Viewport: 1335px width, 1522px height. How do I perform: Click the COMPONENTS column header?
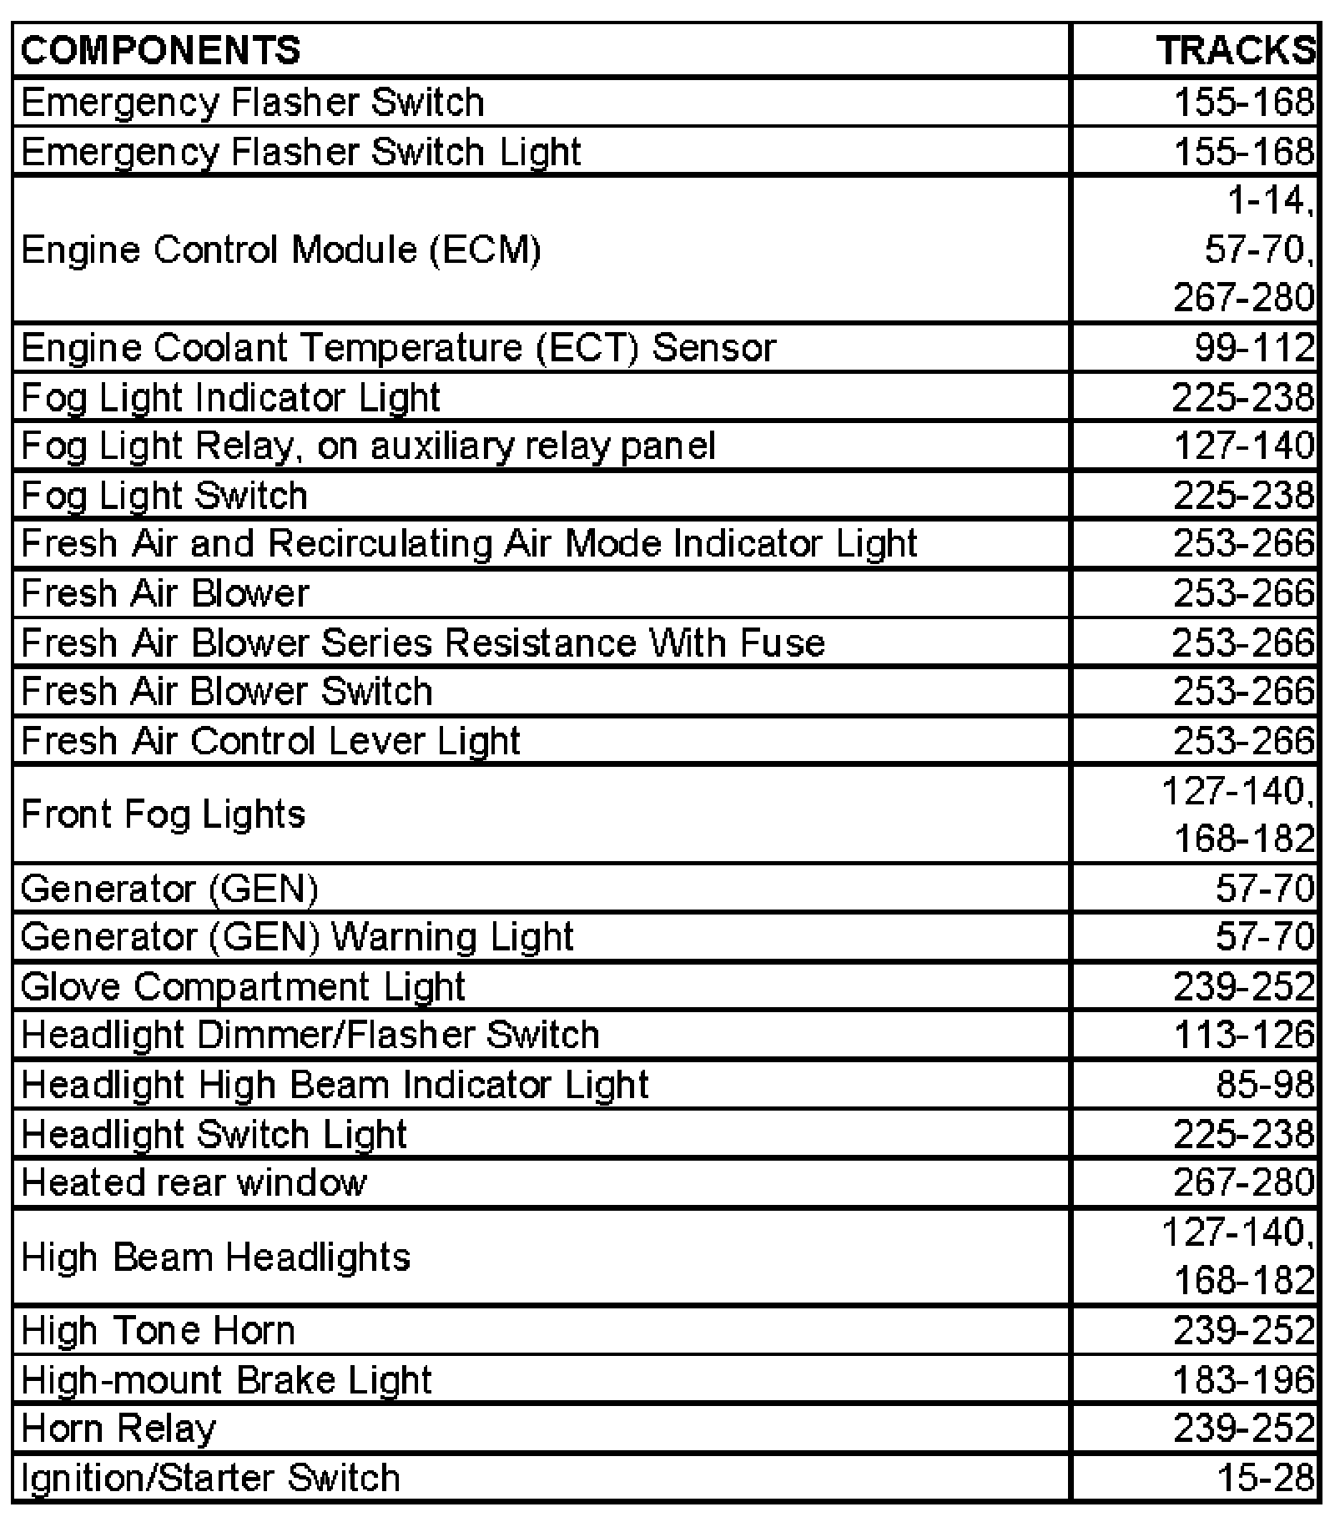pos(160,50)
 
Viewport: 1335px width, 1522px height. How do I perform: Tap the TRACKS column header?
pos(1235,50)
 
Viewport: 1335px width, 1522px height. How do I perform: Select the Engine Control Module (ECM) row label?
pos(281,249)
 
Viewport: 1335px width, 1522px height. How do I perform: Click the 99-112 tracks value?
pos(1254,347)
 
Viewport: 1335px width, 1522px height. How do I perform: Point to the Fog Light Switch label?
pos(164,495)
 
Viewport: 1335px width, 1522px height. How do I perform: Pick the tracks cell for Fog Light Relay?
pos(1244,446)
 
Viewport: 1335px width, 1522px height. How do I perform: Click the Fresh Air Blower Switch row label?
pos(227,692)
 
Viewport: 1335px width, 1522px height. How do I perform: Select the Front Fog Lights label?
pos(164,814)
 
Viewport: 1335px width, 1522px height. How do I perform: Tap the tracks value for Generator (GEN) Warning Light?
pos(1265,936)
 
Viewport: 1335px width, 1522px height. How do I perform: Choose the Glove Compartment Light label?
pos(243,986)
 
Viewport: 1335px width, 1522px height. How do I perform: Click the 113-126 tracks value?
pos(1244,1035)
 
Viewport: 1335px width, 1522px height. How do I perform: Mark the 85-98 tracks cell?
pos(1265,1084)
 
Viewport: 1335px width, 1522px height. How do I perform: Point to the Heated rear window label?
pos(194,1182)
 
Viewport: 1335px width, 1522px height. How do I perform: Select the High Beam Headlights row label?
pos(216,1257)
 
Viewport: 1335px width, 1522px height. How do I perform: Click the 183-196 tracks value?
pos(1244,1379)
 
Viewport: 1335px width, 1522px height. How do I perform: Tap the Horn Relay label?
pos(118,1429)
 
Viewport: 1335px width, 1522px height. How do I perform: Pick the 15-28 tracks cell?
pos(1266,1478)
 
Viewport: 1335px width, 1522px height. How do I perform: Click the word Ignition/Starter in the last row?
pos(147,1478)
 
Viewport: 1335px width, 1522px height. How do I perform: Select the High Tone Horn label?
pos(159,1330)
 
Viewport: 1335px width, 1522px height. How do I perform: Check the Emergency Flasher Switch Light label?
pos(301,152)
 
